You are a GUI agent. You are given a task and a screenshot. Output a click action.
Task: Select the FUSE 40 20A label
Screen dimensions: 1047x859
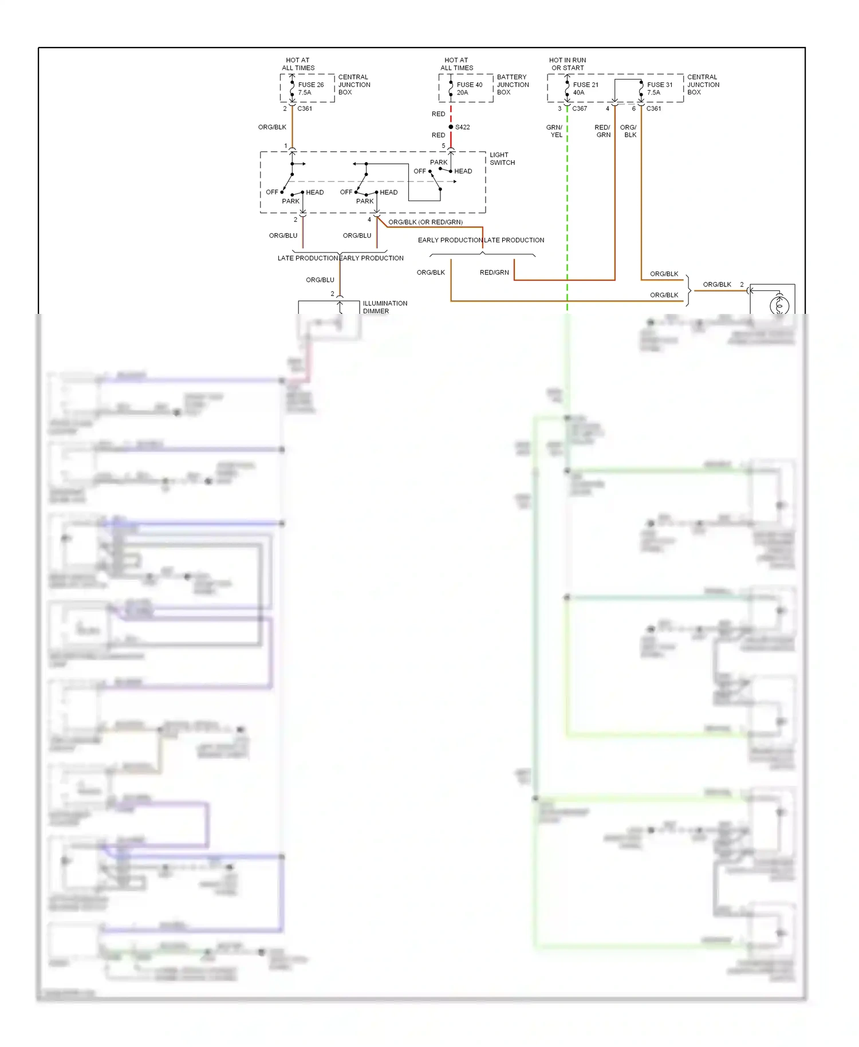(469, 88)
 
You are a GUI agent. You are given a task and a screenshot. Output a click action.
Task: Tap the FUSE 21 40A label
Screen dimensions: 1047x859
(585, 88)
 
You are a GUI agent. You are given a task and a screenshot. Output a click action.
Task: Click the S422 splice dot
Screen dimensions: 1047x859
(451, 127)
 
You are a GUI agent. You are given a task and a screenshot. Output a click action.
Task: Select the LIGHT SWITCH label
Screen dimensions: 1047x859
(502, 159)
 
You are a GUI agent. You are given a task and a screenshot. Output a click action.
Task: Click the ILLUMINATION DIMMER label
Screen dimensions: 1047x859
(384, 307)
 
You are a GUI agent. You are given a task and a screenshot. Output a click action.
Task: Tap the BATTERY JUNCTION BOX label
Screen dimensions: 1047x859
(513, 84)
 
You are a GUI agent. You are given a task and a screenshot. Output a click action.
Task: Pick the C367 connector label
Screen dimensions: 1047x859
(579, 108)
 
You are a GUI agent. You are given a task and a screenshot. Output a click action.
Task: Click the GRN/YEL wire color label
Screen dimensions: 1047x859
(554, 131)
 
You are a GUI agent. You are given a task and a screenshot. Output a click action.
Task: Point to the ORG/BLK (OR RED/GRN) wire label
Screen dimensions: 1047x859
(425, 222)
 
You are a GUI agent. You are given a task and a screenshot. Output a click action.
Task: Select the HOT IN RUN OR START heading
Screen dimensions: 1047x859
(567, 64)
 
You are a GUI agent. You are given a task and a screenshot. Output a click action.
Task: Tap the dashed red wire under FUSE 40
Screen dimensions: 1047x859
(451, 113)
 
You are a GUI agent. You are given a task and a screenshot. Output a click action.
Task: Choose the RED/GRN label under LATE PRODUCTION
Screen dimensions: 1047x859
(494, 273)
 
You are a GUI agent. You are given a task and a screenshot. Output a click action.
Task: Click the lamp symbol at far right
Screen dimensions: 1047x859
(779, 305)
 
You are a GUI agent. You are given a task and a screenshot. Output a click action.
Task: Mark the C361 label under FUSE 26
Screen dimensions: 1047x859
(304, 108)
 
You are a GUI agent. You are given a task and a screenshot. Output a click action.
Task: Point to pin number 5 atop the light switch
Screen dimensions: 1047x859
(443, 146)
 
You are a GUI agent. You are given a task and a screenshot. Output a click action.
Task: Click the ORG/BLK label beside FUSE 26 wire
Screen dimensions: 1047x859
(271, 127)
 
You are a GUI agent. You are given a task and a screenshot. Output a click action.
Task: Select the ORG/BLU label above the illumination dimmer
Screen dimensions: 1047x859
(320, 280)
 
